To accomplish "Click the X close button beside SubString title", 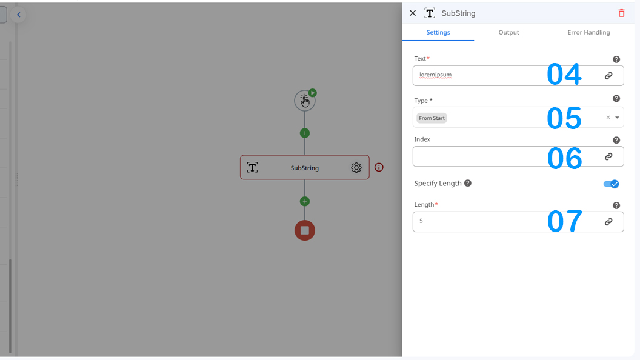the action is [413, 13].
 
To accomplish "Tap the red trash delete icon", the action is [621, 13].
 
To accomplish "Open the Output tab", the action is [508, 32].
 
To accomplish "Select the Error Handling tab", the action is [588, 32].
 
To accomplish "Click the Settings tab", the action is [438, 32].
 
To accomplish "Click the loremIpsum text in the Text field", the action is [436, 75].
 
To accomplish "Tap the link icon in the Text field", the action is [608, 76].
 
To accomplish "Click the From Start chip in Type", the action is [432, 118].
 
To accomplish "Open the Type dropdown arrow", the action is [617, 118].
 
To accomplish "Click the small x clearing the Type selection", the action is [608, 117].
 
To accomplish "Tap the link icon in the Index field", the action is [608, 156].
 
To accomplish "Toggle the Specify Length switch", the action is [611, 184].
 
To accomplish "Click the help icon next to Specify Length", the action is [468, 183].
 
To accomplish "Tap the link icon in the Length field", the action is [608, 222].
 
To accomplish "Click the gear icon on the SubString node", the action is [356, 167].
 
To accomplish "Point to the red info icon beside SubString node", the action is [379, 167].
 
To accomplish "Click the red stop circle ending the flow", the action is [305, 230].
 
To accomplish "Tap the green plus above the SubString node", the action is [305, 133].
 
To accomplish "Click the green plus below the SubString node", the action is [305, 201].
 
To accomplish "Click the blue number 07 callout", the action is [564, 222].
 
